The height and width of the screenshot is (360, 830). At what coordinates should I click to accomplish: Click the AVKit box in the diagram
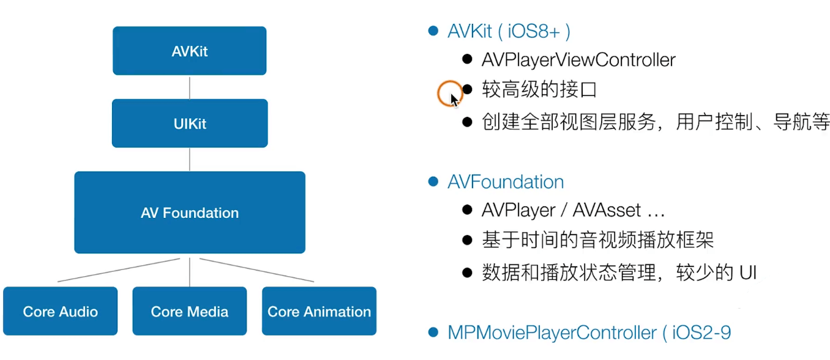(x=189, y=51)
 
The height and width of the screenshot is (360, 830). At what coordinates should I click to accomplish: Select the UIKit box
(x=190, y=123)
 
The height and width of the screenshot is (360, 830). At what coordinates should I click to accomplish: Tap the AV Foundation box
(x=190, y=212)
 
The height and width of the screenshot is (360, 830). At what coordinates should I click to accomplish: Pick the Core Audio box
(x=61, y=311)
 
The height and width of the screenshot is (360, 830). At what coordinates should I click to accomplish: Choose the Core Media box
(x=190, y=311)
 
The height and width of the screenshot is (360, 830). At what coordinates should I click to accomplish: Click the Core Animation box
(x=319, y=311)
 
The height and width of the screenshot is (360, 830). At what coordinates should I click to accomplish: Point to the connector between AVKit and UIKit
(x=190, y=88)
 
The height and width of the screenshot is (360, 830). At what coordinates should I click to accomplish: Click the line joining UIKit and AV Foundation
(x=190, y=159)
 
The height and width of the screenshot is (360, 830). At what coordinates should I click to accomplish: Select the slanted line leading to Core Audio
(x=119, y=270)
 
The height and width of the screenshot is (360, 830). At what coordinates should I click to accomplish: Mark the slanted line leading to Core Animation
(x=257, y=270)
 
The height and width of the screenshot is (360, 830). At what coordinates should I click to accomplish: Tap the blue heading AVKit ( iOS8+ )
(x=509, y=31)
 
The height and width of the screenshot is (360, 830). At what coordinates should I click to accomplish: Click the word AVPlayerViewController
(x=578, y=59)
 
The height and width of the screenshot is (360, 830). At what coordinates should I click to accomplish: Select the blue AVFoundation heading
(x=506, y=182)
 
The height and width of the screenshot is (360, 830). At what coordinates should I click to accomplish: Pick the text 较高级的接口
(x=539, y=90)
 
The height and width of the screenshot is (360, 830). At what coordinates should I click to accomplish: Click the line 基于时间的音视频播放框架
(x=597, y=240)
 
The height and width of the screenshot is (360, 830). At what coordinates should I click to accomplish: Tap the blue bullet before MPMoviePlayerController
(x=433, y=332)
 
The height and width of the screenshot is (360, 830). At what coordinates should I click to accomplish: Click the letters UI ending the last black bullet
(x=748, y=272)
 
